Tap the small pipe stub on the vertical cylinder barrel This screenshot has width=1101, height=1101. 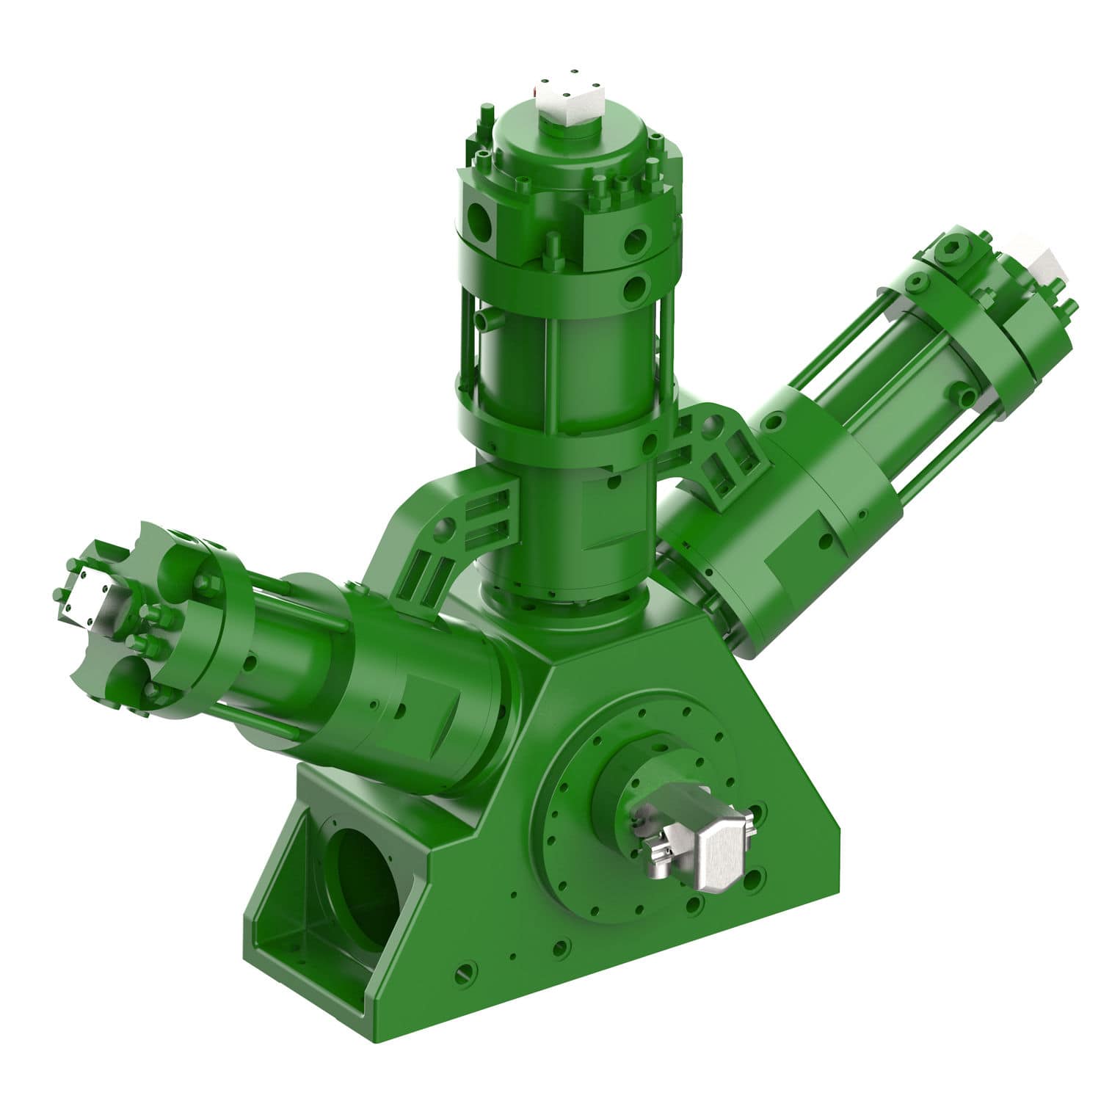tap(484, 321)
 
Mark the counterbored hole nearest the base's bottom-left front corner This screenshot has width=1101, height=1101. tap(462, 973)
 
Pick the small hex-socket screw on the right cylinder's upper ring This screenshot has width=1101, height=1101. tap(918, 282)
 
